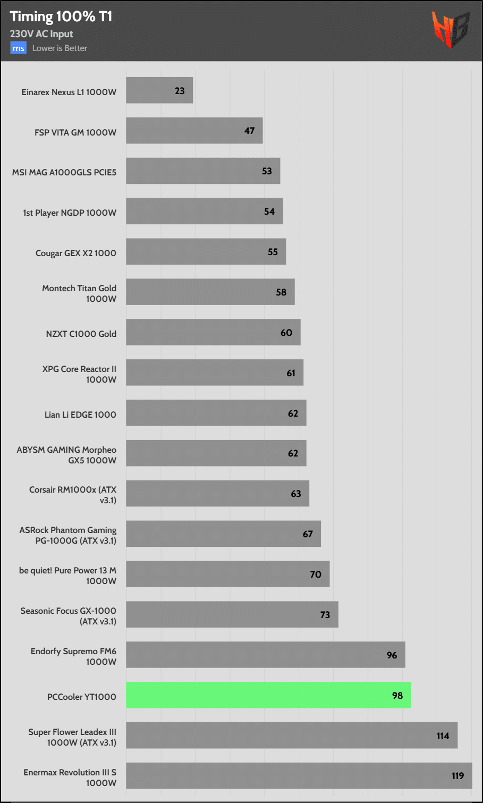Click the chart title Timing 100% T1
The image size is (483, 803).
click(61, 16)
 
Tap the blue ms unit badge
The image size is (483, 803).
click(18, 48)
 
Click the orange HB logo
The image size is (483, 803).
click(450, 29)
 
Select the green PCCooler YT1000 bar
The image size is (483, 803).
click(268, 695)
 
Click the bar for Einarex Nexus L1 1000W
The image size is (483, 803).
click(159, 90)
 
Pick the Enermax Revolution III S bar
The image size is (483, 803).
click(299, 776)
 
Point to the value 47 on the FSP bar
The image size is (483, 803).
click(249, 131)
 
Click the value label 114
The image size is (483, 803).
click(443, 736)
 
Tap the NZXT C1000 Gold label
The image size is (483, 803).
click(81, 334)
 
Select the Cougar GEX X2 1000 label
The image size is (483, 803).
click(75, 253)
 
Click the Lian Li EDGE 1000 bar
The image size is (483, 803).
click(216, 413)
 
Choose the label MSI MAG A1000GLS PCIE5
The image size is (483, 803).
click(64, 172)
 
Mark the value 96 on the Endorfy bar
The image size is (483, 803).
click(392, 655)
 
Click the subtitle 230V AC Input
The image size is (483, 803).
click(41, 34)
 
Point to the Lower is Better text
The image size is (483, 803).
click(60, 48)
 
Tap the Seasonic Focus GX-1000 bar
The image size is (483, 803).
click(232, 614)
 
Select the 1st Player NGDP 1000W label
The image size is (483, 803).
click(69, 213)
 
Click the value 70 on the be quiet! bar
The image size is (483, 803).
click(316, 574)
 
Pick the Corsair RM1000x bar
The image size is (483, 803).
click(217, 494)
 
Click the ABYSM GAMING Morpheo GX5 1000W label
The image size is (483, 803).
click(66, 455)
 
